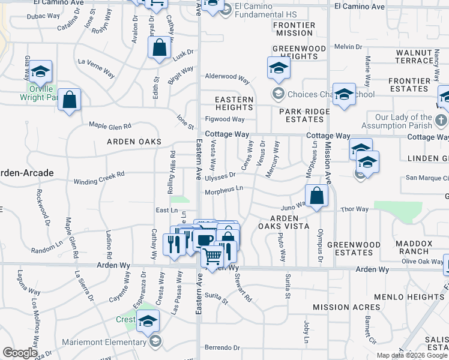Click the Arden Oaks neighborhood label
click(x=134, y=142)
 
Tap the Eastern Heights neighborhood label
click(x=234, y=103)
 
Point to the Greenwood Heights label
click(x=295, y=52)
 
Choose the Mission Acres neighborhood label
click(x=346, y=307)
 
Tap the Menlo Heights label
click(x=409, y=297)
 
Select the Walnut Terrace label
click(x=419, y=57)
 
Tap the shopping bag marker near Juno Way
click(x=316, y=196)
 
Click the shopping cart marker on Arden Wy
click(x=212, y=256)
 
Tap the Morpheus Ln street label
click(x=224, y=191)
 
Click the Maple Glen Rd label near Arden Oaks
click(x=112, y=125)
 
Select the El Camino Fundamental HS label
click(x=258, y=11)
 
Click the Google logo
click(x=20, y=353)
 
